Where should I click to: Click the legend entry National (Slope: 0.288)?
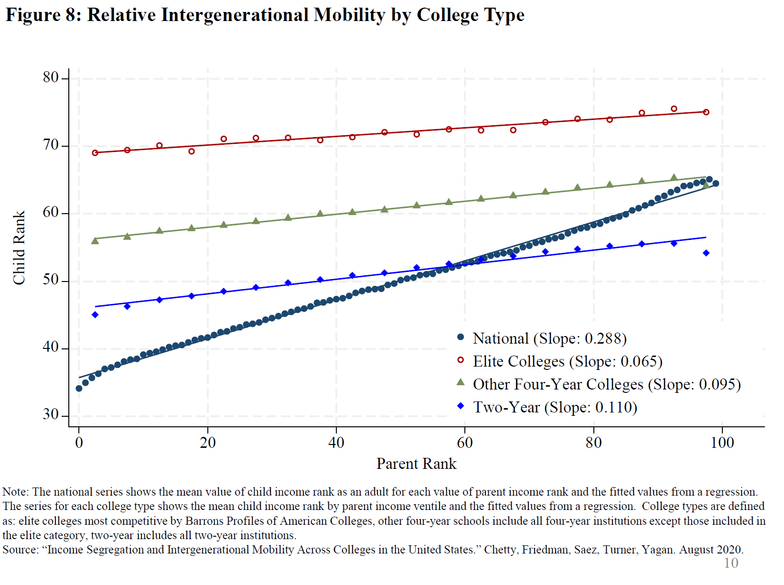(x=549, y=338)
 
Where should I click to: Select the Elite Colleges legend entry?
(x=567, y=361)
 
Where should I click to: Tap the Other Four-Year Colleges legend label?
(x=606, y=384)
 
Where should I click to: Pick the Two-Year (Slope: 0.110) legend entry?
(x=555, y=407)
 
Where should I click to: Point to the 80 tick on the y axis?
(x=51, y=77)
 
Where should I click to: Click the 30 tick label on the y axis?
(x=51, y=414)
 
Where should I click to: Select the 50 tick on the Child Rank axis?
(x=51, y=280)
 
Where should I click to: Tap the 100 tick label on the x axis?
(x=722, y=443)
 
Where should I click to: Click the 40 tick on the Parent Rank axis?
(x=336, y=443)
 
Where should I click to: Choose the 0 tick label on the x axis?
(x=79, y=443)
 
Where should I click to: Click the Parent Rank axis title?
(x=416, y=464)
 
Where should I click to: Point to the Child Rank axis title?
(x=19, y=248)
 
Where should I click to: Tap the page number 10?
(x=731, y=563)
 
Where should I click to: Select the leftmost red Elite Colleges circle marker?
(x=95, y=153)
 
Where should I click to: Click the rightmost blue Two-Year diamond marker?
(x=706, y=253)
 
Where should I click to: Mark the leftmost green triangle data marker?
(x=95, y=240)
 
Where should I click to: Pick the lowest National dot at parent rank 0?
(x=79, y=389)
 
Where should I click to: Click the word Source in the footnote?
(x=20, y=550)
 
